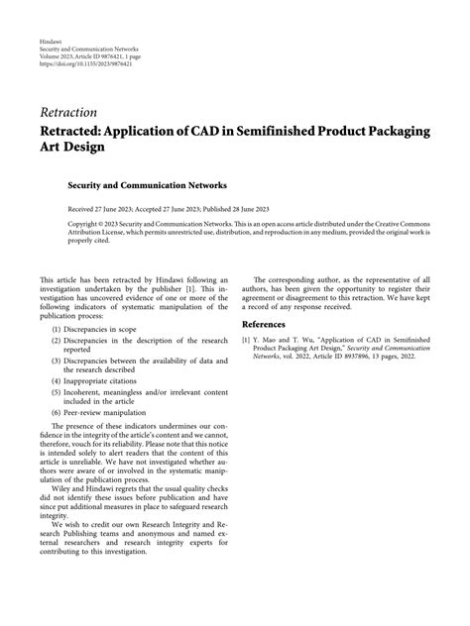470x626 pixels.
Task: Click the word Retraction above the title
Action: tap(68, 112)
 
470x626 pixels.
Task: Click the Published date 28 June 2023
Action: tap(255, 210)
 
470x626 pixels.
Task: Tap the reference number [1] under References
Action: tap(247, 340)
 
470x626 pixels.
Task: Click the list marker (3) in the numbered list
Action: tap(57, 362)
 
